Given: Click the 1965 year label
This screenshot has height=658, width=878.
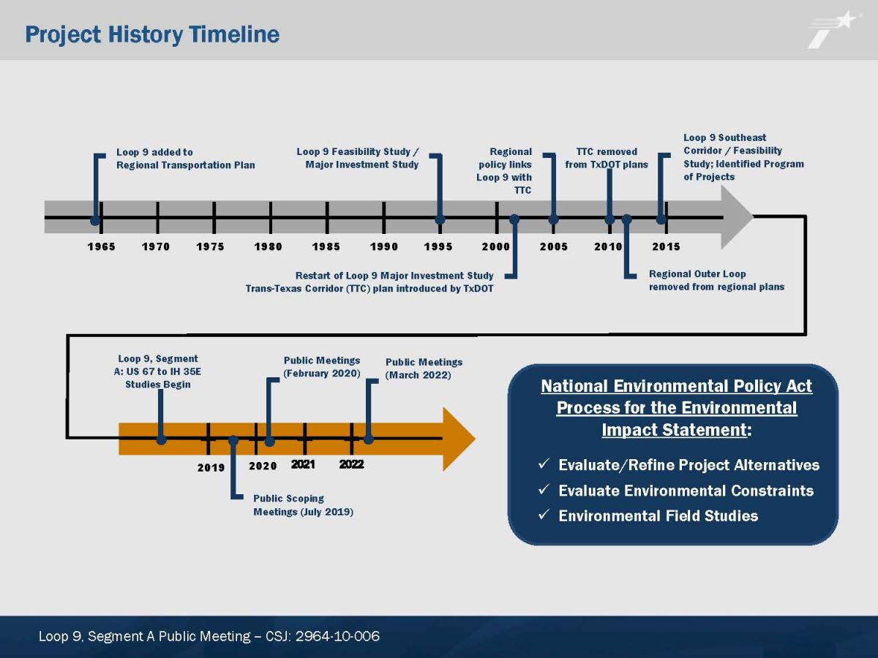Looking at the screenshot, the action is (101, 246).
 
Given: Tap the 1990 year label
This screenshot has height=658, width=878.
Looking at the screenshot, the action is (384, 246).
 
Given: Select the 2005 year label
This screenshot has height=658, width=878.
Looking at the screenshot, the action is (554, 246).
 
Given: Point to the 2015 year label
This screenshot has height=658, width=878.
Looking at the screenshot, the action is (666, 246).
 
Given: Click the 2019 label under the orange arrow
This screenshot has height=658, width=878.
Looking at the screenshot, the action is (211, 467).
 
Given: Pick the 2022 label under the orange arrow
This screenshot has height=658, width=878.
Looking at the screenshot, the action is (352, 464).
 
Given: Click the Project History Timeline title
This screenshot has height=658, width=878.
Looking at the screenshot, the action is (152, 35).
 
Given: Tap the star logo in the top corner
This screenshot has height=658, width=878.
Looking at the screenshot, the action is (833, 29).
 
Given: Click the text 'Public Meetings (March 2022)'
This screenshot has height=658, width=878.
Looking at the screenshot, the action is (424, 368).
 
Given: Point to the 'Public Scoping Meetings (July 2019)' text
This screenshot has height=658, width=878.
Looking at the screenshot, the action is (303, 505).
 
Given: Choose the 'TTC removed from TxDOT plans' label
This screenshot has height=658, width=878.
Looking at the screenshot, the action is (607, 158).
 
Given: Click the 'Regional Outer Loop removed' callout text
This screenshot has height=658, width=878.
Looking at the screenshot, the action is (716, 280).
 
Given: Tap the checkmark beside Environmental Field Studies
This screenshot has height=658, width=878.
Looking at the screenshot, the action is (544, 515).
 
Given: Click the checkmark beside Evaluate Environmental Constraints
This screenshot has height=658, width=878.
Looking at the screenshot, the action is (544, 489).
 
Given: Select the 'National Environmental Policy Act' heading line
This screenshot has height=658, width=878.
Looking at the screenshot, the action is (676, 386).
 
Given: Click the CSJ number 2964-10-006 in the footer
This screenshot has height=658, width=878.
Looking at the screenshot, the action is (337, 636).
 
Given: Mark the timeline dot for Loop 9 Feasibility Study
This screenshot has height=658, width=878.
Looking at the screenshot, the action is (440, 219).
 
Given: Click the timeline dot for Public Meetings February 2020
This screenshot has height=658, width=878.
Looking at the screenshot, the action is (269, 442).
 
